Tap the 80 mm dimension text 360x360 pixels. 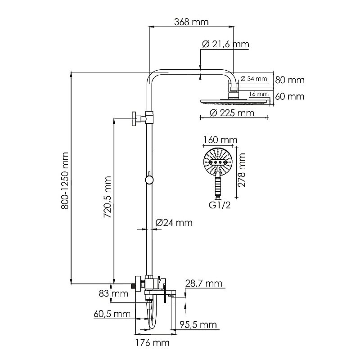click(x=290, y=80)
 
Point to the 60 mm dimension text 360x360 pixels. click(x=290, y=96)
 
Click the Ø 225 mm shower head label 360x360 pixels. click(x=232, y=112)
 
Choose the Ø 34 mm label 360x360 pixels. click(x=254, y=79)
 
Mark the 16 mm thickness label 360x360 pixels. click(x=258, y=94)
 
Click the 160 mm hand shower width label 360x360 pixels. click(x=220, y=140)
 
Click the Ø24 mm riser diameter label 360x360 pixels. click(x=174, y=223)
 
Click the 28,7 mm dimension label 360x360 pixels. click(x=204, y=283)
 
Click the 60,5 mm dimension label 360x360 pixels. click(x=112, y=314)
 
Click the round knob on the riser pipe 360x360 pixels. click(x=148, y=180)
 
